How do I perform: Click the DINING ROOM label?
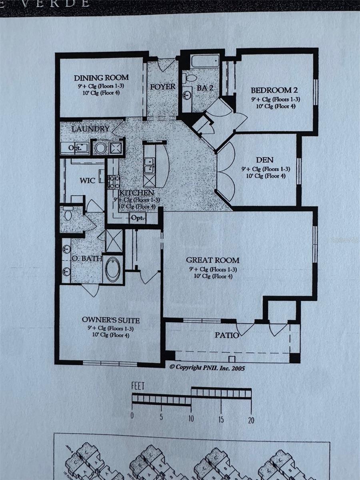(101, 78)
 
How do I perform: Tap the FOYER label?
(163, 87)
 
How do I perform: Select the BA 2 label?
(204, 88)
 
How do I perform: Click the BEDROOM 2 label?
(274, 90)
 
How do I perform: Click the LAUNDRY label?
(91, 129)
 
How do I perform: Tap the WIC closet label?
(87, 180)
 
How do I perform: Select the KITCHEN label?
(136, 193)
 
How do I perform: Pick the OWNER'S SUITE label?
(111, 320)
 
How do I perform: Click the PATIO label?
(227, 335)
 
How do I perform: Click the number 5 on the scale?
(161, 417)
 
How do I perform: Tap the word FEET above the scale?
(138, 386)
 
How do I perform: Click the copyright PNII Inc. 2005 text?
(207, 368)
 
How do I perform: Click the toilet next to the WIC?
(68, 214)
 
